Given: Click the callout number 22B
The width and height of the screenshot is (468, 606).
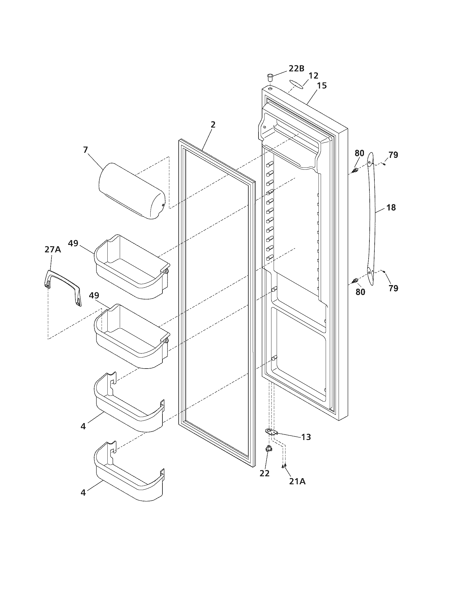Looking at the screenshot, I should (x=296, y=69).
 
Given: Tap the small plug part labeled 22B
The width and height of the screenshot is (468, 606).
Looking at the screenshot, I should (x=270, y=76).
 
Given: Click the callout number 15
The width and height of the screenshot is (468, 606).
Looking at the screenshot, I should (x=322, y=85).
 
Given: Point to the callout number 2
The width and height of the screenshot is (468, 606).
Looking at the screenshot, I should (x=213, y=125).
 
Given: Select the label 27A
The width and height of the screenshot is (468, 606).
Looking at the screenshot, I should (x=53, y=250).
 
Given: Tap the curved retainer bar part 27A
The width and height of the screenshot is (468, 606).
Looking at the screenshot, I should (x=64, y=288).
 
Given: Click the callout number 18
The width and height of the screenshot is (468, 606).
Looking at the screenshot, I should (x=391, y=207).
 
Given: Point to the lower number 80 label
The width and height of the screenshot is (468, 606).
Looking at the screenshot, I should (x=360, y=292).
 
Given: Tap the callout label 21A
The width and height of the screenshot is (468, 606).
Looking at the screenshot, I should (x=297, y=481).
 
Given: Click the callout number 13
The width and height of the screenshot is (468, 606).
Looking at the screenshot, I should (x=306, y=437).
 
